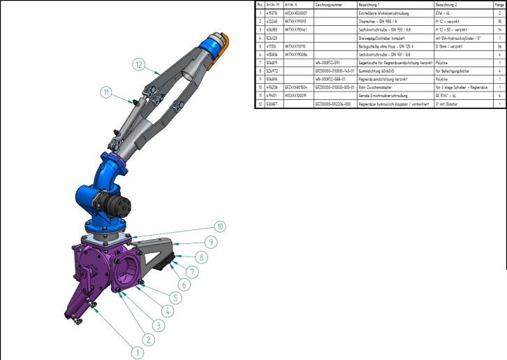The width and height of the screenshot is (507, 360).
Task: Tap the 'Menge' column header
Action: [x=500, y=4]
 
